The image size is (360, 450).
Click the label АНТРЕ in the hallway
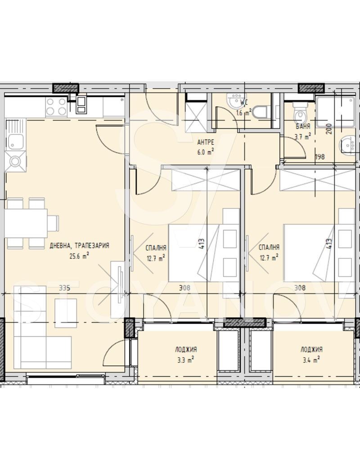pyautogui.click(x=206, y=142)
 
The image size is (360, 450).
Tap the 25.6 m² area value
pyautogui.click(x=79, y=256)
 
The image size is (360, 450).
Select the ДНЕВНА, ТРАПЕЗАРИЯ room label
pyautogui.click(x=79, y=246)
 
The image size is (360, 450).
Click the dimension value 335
pyautogui.click(x=64, y=288)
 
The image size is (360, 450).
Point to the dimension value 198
pyautogui.click(x=320, y=157)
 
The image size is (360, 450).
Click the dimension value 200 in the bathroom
pyautogui.click(x=329, y=129)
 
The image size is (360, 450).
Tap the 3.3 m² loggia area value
pyautogui.click(x=185, y=360)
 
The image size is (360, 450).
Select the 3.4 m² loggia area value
pyautogui.click(x=311, y=360)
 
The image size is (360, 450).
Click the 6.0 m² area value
pyautogui.click(x=205, y=152)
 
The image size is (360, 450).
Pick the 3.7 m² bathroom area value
pyautogui.click(x=302, y=137)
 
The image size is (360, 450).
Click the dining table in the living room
pyautogui.click(x=26, y=223)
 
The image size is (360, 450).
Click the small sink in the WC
pyautogui.click(x=235, y=100)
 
